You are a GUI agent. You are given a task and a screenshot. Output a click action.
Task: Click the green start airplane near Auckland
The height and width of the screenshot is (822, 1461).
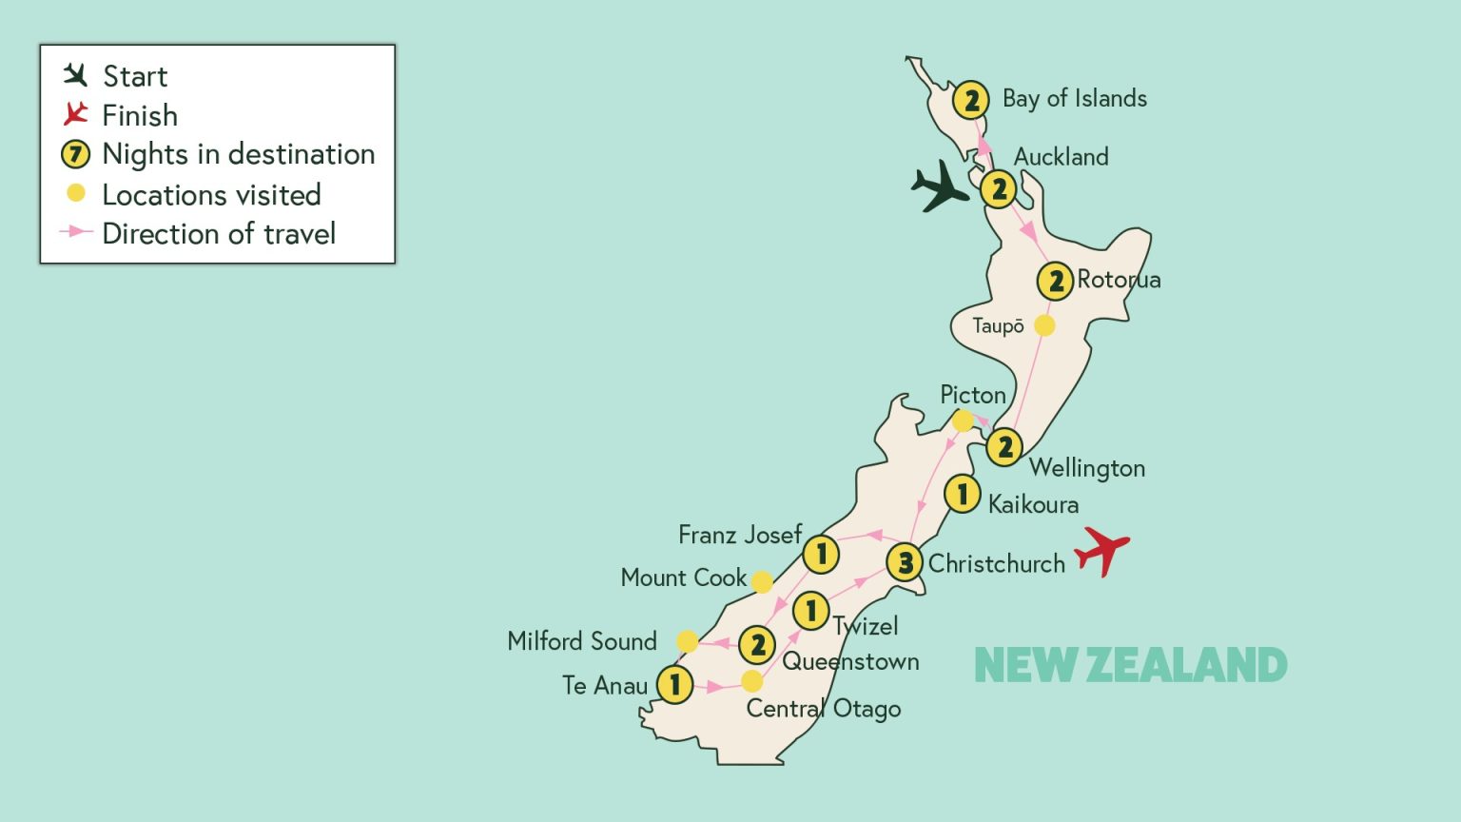click(940, 186)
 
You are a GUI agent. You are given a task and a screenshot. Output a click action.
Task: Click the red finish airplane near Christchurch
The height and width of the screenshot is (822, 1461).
click(1101, 550)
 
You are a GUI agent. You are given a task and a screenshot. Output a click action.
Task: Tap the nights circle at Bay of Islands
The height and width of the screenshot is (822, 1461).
click(970, 100)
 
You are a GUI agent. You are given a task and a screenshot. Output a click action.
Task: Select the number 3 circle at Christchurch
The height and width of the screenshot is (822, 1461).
click(905, 562)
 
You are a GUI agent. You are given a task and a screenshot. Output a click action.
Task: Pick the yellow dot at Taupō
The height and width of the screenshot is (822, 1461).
click(1044, 325)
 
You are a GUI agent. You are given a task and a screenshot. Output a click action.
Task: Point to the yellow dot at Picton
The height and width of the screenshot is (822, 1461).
click(963, 421)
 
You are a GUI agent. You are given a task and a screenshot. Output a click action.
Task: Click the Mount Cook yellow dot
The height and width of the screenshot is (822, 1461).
click(762, 581)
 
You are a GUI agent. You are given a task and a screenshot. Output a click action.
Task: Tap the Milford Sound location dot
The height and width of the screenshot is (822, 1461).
click(687, 642)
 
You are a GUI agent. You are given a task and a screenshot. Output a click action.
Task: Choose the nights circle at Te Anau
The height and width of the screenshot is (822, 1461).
click(674, 684)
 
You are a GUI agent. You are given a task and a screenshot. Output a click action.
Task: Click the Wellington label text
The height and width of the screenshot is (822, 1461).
click(1086, 468)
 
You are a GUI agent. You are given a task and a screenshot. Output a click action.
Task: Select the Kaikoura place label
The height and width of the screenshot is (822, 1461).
click(1033, 504)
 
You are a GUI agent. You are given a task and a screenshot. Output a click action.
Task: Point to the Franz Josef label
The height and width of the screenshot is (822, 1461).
click(740, 535)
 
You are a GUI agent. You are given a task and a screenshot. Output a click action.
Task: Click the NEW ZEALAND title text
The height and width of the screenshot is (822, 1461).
click(1130, 665)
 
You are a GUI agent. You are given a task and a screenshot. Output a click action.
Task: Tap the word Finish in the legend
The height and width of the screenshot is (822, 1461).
click(140, 115)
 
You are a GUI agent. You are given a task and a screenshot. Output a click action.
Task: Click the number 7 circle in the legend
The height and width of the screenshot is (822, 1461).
click(76, 154)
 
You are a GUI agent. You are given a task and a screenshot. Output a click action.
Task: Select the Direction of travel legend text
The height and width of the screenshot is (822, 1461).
click(219, 234)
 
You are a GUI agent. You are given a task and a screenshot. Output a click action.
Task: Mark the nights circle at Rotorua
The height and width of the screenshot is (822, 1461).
click(1055, 282)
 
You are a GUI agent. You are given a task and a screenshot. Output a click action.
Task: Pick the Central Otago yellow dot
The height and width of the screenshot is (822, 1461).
click(752, 681)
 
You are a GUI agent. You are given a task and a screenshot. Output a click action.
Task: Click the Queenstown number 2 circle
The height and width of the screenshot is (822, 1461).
click(757, 645)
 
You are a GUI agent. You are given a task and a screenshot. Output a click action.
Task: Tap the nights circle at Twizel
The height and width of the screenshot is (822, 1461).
click(810, 611)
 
